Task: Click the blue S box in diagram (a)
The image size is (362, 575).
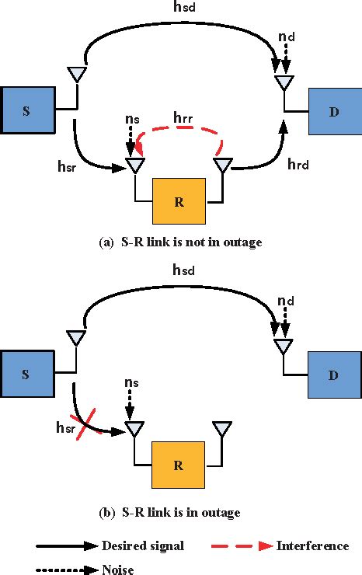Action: tap(27, 111)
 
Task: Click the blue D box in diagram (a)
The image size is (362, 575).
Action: tap(334, 111)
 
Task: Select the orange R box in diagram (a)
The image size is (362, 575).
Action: tap(179, 201)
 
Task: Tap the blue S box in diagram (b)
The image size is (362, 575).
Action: tap(27, 375)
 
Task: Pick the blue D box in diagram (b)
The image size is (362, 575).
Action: tap(334, 375)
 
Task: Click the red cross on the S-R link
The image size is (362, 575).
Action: tap(92, 427)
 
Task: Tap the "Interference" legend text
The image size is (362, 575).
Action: tap(312, 545)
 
